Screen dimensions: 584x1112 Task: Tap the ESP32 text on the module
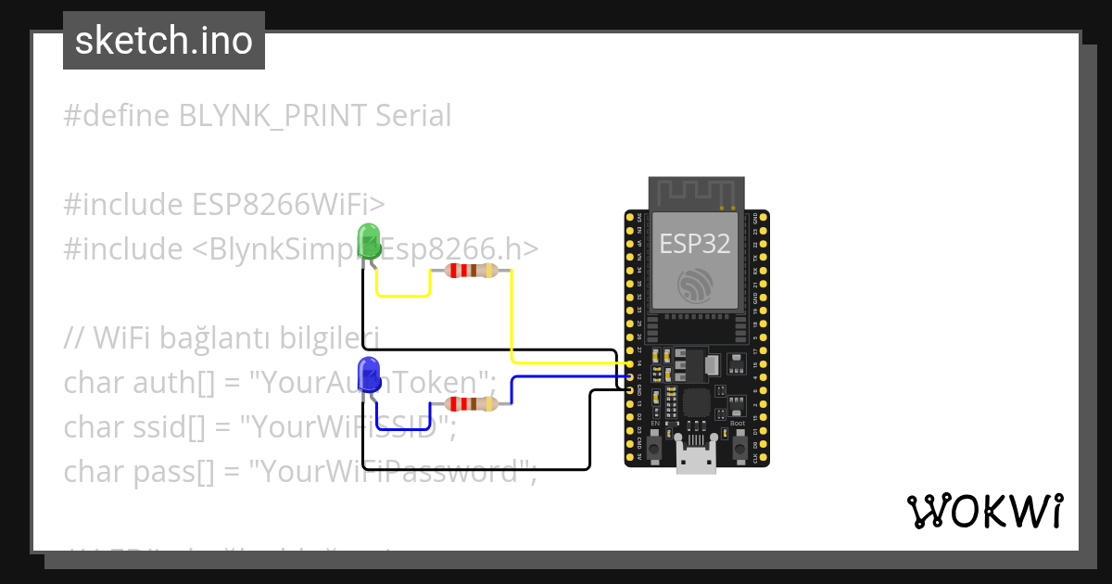click(694, 243)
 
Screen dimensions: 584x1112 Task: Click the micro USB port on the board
click(696, 458)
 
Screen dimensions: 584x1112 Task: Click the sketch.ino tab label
click(164, 41)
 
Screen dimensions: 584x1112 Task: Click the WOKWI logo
click(984, 511)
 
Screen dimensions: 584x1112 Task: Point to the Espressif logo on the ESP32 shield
click(695, 286)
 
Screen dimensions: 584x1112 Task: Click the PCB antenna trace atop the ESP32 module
click(695, 192)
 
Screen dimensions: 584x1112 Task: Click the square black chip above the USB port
click(696, 402)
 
